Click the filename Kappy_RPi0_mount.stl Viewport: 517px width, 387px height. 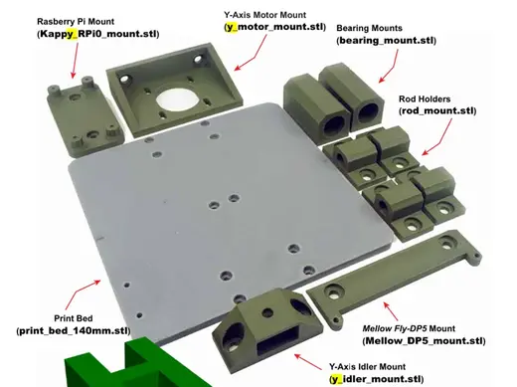[98, 34]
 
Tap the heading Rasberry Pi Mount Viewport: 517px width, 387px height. [76, 22]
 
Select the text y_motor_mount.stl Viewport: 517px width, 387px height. [275, 27]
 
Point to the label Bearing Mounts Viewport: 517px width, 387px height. [369, 28]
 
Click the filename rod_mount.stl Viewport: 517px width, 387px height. [437, 110]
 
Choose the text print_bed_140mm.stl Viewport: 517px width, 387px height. [74, 330]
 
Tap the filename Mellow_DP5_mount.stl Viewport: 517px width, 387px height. [424, 341]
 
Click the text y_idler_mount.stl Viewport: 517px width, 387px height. [377, 379]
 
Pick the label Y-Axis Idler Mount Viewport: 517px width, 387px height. [367, 367]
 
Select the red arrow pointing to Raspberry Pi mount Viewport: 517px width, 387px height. [76, 61]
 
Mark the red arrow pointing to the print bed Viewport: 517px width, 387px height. [83, 294]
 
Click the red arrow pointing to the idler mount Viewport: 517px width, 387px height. [308, 362]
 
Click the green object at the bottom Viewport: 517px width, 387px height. [136, 366]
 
